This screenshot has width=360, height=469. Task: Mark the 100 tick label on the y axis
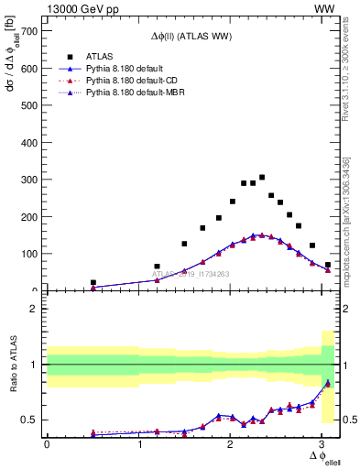(x=31, y=254)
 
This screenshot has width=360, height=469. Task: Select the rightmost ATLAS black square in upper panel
(x=328, y=265)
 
